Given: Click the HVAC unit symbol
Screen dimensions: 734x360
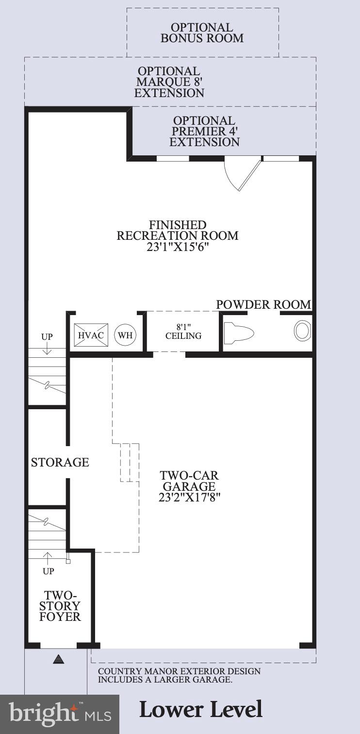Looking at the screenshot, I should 91,335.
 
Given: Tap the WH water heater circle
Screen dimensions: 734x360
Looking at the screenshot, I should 125,335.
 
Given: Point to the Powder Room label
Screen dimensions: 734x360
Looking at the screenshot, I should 263,304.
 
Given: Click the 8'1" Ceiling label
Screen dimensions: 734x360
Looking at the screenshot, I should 183,331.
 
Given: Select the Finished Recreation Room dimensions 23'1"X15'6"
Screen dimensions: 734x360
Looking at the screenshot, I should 178,247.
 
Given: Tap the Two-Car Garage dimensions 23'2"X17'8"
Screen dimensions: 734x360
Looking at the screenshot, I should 189,498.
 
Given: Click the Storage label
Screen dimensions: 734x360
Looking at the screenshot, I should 60,462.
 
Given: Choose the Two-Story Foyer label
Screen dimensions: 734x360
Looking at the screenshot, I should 60,606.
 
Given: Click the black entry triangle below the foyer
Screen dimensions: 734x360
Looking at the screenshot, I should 59,659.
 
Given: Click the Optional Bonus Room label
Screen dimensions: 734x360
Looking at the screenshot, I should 202,33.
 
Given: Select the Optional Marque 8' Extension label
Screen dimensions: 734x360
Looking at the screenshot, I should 169,82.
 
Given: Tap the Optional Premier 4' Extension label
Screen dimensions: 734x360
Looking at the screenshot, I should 204,131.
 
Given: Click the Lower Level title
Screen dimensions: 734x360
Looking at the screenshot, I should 201,710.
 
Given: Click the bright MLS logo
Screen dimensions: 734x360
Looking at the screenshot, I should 59,714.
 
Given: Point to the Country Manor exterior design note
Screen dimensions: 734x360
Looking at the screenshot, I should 179,675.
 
